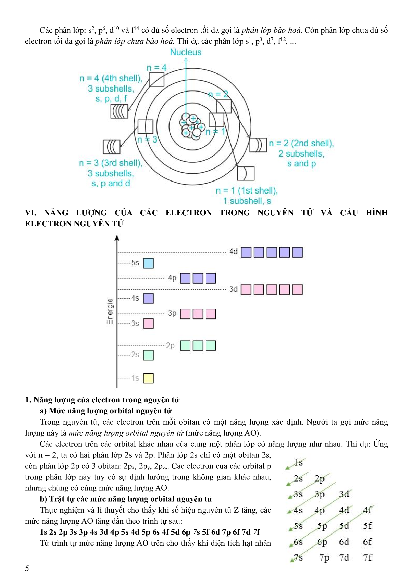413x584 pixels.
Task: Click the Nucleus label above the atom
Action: coord(186,52)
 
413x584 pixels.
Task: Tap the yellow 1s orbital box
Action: coord(148,378)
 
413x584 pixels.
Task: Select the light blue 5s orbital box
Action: coord(148,263)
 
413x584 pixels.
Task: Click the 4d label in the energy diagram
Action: coord(233,252)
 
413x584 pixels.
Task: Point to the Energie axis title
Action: coord(110,311)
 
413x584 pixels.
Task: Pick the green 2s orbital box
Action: coord(148,355)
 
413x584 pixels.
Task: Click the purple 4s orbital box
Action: coord(148,298)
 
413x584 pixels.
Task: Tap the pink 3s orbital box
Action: coord(148,323)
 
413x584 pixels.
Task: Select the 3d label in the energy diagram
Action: coord(233,289)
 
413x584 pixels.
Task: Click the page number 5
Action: coord(27,568)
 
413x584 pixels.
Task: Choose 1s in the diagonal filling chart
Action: coord(298,462)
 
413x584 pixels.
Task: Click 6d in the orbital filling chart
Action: coord(344,542)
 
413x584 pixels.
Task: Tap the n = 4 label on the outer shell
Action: coord(156,68)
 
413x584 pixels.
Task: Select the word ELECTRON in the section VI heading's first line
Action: coord(188,213)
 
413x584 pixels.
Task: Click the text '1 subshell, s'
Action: coord(247,201)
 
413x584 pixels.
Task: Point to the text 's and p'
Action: coord(301,164)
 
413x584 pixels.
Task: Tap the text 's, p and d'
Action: coord(111,183)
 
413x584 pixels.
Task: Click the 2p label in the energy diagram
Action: coord(170,345)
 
